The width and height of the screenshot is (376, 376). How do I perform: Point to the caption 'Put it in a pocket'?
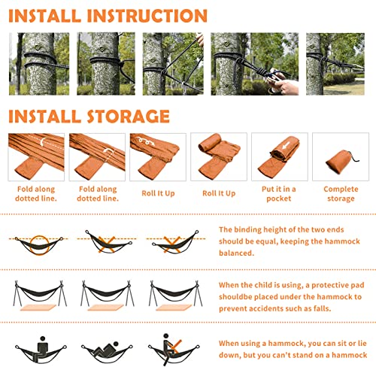click(x=279, y=194)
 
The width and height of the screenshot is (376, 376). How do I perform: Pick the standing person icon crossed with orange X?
click(x=171, y=347)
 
